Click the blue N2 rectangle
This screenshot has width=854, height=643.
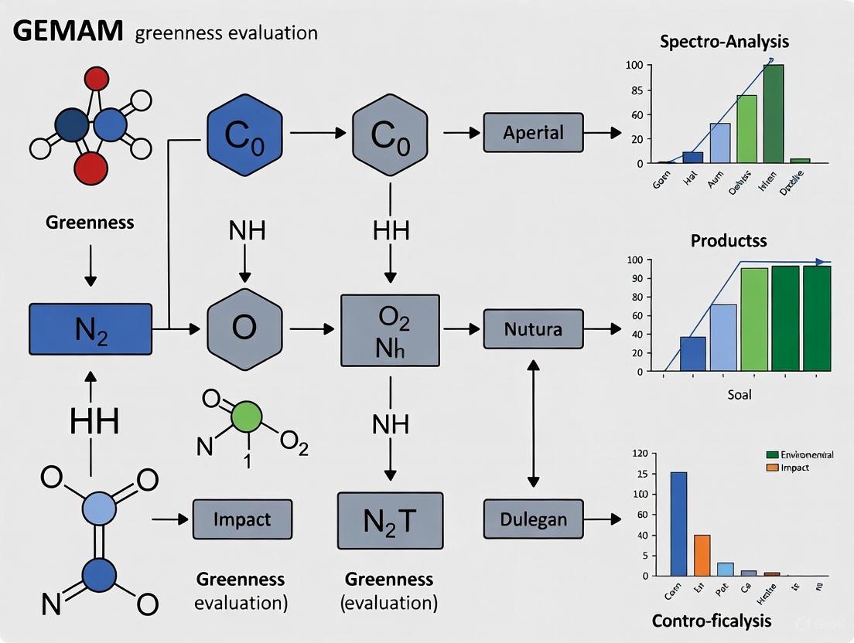(90, 329)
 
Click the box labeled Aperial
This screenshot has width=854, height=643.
(533, 132)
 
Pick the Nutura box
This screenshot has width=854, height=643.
(533, 329)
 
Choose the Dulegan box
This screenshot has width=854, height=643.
(533, 519)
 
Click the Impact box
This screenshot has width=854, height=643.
(242, 519)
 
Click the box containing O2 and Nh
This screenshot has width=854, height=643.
(390, 330)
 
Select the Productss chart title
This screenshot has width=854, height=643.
(728, 240)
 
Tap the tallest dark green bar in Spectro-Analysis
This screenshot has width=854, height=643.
(773, 114)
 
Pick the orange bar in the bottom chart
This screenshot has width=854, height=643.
(702, 555)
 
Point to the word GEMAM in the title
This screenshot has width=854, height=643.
(67, 32)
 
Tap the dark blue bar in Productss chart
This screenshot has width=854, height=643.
(692, 354)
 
